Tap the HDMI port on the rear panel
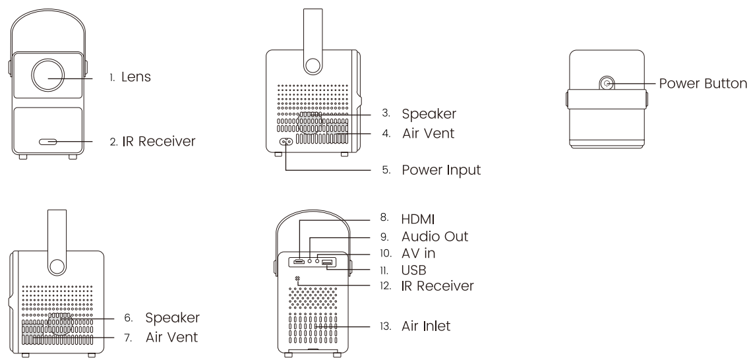pos(299,260)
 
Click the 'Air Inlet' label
pos(425,326)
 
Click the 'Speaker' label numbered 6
pos(173,318)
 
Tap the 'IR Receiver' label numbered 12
pos(438,285)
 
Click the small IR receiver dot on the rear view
pos(299,280)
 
